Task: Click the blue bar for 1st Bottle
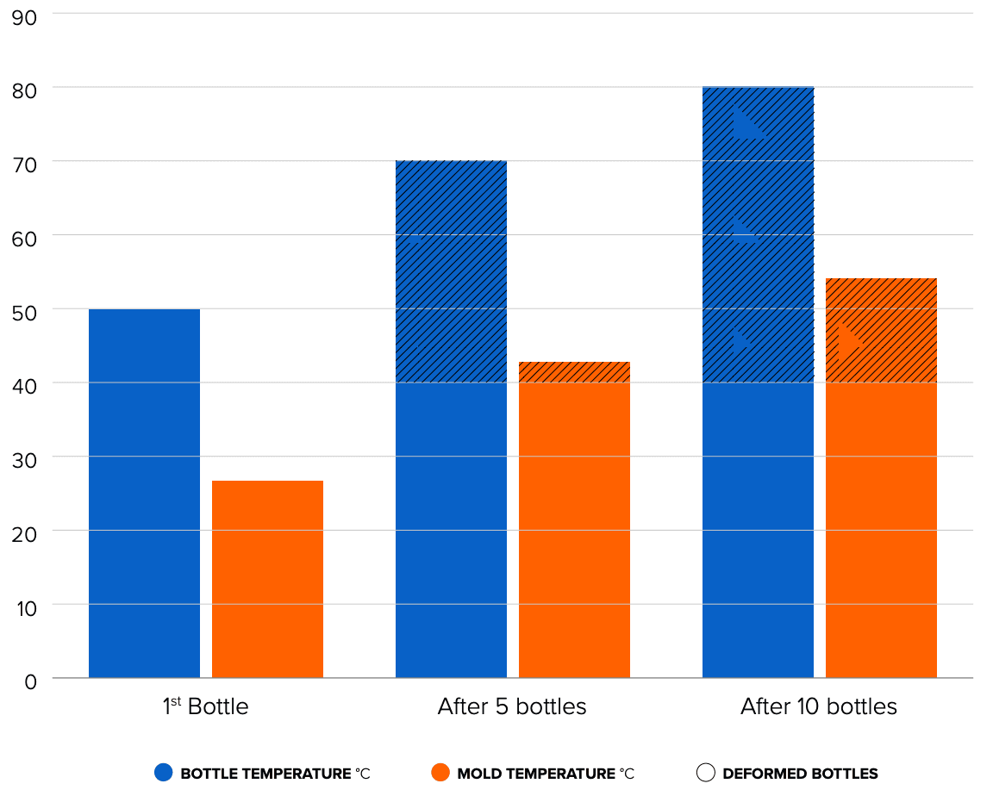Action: coord(144,493)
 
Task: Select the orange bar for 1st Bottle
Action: coord(267,579)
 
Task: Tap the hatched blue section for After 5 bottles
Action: coord(451,271)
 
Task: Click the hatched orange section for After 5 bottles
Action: coord(574,372)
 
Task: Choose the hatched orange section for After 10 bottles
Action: coord(881,330)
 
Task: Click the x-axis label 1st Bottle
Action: coord(205,707)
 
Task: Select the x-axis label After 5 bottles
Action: coord(512,707)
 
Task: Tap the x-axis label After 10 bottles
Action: coord(818,707)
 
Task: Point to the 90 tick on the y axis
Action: coord(25,16)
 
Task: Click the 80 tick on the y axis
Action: coord(25,90)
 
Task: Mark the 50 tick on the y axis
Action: coord(25,312)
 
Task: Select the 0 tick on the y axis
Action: coord(30,681)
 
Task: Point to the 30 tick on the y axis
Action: coord(25,460)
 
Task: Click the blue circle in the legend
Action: coord(164,773)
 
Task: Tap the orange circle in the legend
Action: coord(441,773)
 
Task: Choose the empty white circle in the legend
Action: coord(706,773)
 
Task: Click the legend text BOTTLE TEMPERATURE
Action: coord(265,774)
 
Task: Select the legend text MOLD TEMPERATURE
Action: coord(537,774)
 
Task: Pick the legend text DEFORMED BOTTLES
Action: coord(800,774)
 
